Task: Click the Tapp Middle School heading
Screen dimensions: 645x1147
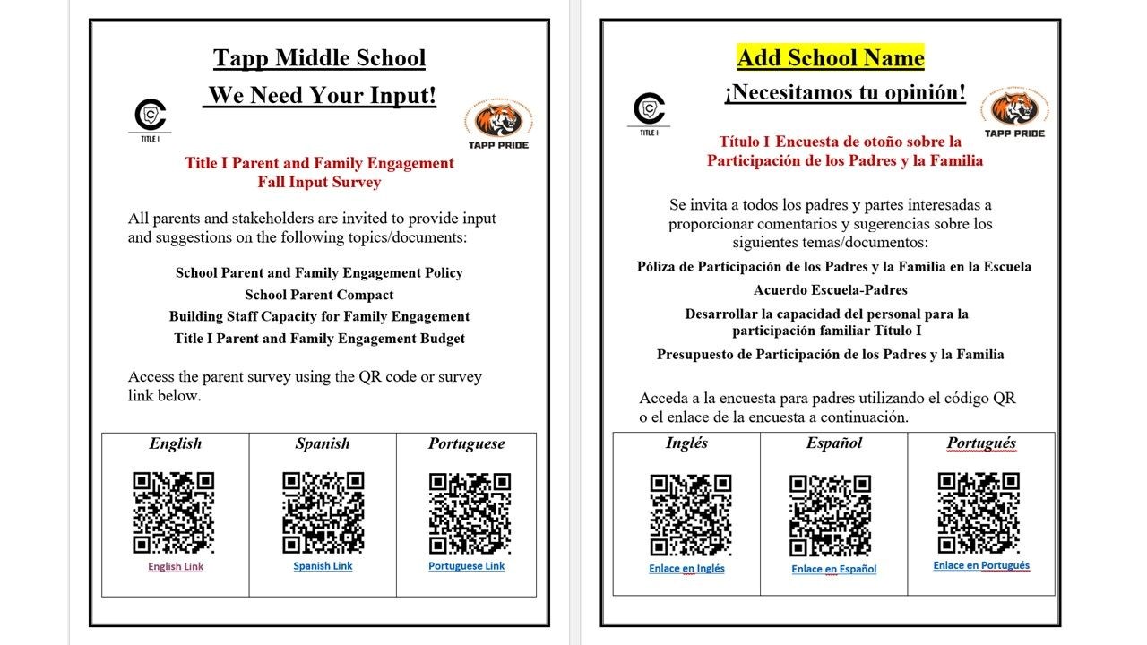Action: coord(319,59)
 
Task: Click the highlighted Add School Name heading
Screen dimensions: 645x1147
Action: coord(830,58)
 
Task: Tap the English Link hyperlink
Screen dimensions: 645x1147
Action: coord(176,566)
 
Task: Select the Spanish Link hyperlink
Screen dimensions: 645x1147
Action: coord(323,566)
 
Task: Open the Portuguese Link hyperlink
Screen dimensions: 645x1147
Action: coord(466,566)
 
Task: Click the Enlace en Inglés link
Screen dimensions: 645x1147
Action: coord(686,568)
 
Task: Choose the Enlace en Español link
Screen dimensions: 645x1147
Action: coord(833,569)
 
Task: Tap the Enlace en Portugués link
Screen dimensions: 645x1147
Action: coord(981,565)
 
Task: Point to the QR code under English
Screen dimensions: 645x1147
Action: coord(174,512)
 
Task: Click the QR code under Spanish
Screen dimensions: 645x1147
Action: coord(323,512)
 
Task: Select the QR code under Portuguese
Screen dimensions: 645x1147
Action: coord(470,512)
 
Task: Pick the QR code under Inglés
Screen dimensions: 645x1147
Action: coord(690,514)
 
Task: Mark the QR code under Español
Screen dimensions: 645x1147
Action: coord(830,515)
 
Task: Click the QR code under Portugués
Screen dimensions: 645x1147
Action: coord(979,512)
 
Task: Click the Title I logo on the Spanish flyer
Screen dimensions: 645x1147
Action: coord(649,110)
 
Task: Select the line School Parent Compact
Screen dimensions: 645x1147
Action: coord(319,295)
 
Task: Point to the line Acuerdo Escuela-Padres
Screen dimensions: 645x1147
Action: coord(830,290)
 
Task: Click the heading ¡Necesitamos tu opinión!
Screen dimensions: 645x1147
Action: coord(845,92)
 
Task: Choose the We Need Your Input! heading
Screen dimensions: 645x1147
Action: coord(321,96)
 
